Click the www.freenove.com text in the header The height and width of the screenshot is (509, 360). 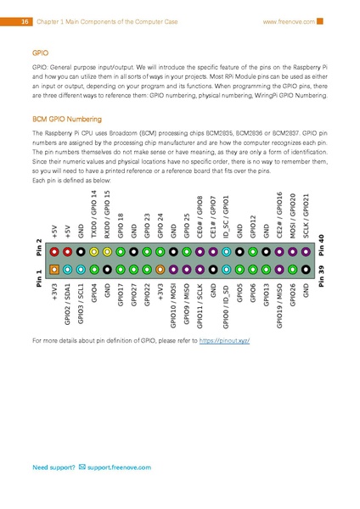[288, 20]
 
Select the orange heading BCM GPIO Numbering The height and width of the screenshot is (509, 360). [65, 121]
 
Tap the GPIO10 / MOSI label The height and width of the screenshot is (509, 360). [173, 305]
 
